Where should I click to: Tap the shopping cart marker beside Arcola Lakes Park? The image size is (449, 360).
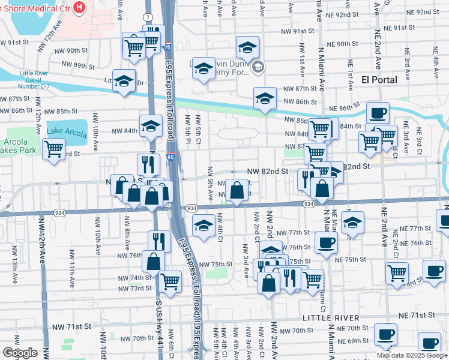[54, 149]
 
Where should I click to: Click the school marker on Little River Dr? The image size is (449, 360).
[124, 81]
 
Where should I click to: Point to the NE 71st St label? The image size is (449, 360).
[417, 315]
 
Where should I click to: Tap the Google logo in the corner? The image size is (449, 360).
[20, 353]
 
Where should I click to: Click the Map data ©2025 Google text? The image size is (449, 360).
[412, 355]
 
